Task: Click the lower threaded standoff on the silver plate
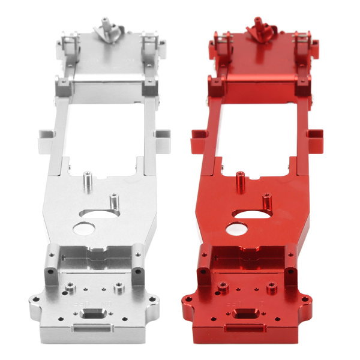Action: [x=112, y=201]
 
